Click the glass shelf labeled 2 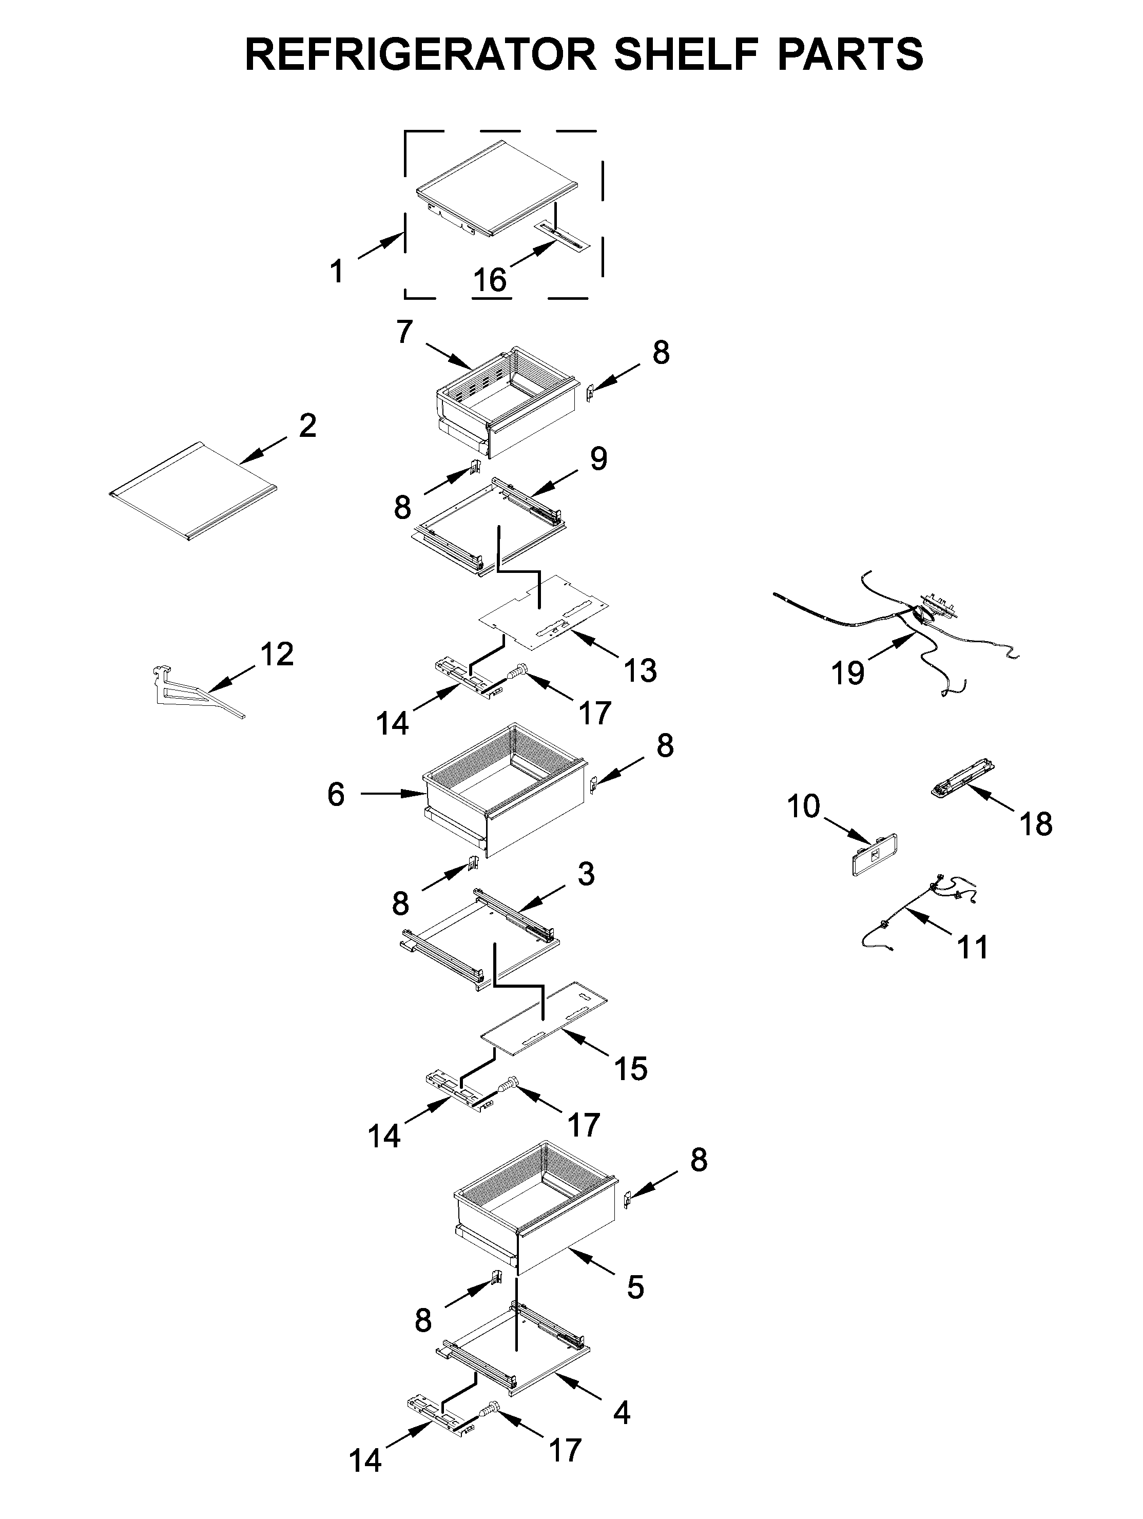(x=192, y=490)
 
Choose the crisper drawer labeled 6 (x=505, y=797)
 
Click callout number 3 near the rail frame (x=585, y=874)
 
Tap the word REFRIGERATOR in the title (x=420, y=54)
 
